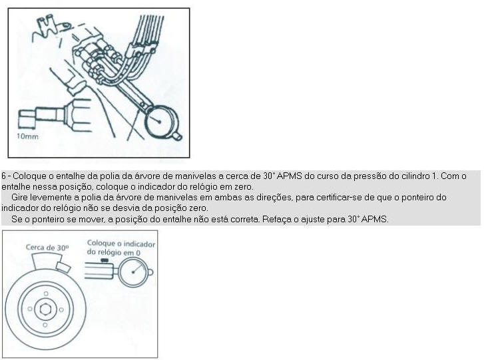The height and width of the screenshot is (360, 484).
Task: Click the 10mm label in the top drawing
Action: (x=27, y=136)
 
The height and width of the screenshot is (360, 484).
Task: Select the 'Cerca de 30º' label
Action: (x=47, y=248)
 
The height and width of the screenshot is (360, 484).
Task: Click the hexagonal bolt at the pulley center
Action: (x=46, y=309)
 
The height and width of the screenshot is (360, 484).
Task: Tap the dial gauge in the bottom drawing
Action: (x=134, y=272)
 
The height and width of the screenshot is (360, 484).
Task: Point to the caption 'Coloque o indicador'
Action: (x=121, y=244)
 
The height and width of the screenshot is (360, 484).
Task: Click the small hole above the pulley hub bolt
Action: (x=46, y=293)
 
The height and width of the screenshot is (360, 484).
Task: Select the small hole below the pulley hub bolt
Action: (x=45, y=325)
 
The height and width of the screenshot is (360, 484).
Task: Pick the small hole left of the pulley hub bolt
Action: (x=30, y=309)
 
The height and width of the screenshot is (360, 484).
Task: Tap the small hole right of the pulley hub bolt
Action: (x=61, y=309)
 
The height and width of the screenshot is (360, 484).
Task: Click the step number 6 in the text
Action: (x=3, y=176)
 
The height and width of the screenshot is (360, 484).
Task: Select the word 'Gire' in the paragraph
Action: (x=18, y=197)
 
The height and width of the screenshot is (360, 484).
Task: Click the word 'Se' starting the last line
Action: (x=15, y=220)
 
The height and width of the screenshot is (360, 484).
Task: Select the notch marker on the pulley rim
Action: (x=64, y=267)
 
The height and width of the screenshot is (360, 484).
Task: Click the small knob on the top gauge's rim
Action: (x=178, y=136)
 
